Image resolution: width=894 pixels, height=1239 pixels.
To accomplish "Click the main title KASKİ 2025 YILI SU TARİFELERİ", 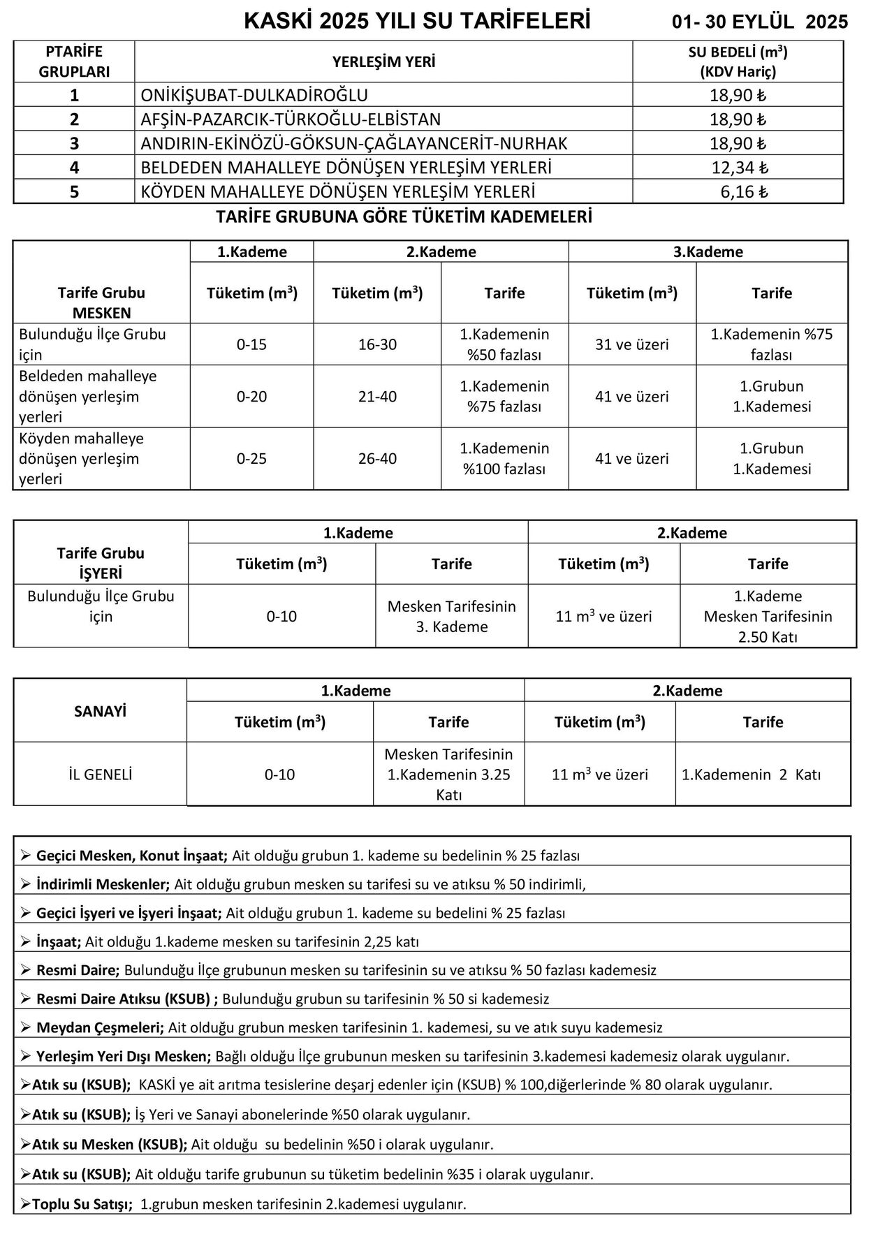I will [417, 22].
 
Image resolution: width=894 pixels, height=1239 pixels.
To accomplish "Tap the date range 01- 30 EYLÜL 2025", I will [760, 22].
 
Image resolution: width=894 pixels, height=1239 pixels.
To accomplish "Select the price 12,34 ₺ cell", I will [739, 168].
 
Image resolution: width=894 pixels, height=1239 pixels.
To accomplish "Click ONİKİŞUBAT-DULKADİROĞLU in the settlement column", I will [254, 95].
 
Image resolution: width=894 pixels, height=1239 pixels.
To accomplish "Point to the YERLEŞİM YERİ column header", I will [383, 62].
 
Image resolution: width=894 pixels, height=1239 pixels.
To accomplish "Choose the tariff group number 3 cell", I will [74, 144].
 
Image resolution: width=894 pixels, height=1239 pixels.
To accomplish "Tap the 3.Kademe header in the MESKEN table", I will [708, 252].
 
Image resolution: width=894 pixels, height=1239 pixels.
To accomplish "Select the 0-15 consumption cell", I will [251, 344].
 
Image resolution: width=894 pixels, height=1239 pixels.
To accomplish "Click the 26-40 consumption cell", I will [377, 459].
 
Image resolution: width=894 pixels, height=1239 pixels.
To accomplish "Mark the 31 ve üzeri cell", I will [631, 344].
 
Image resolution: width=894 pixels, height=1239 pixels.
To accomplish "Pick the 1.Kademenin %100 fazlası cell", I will [504, 459].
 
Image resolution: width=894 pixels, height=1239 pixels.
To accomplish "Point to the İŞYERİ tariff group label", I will [101, 573].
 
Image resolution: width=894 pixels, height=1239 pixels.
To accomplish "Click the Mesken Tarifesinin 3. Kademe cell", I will [451, 616].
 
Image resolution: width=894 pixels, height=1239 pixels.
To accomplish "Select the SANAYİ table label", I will [100, 712].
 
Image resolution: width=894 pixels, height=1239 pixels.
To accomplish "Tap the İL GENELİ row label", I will [100, 775].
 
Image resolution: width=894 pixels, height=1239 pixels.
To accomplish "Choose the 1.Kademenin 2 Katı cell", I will [751, 775].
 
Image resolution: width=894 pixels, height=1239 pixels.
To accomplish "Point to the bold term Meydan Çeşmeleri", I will [100, 1027].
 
